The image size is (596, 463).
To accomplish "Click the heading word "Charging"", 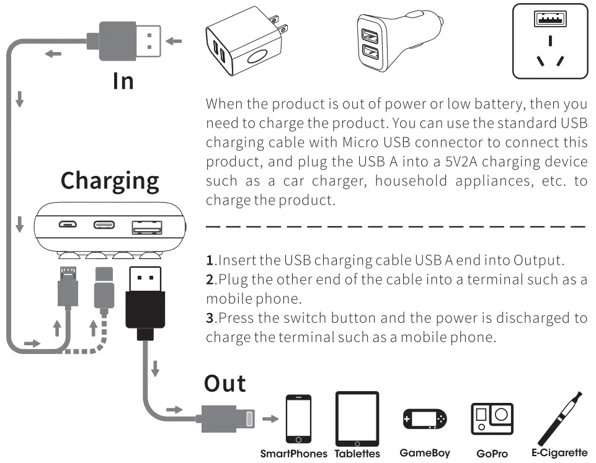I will click(110, 180).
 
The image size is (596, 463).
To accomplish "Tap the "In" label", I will click(123, 81).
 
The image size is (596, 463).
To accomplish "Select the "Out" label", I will click(225, 383).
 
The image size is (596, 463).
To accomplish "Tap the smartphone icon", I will click(298, 419).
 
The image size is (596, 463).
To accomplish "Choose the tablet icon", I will click(357, 419).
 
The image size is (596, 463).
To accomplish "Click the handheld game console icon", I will click(424, 420).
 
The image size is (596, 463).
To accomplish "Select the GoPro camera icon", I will click(492, 419).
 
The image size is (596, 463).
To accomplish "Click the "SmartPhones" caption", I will click(293, 454).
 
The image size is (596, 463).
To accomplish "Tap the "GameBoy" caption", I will click(425, 453).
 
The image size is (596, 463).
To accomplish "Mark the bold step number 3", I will click(210, 319).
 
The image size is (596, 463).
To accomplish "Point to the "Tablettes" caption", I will click(357, 454).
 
